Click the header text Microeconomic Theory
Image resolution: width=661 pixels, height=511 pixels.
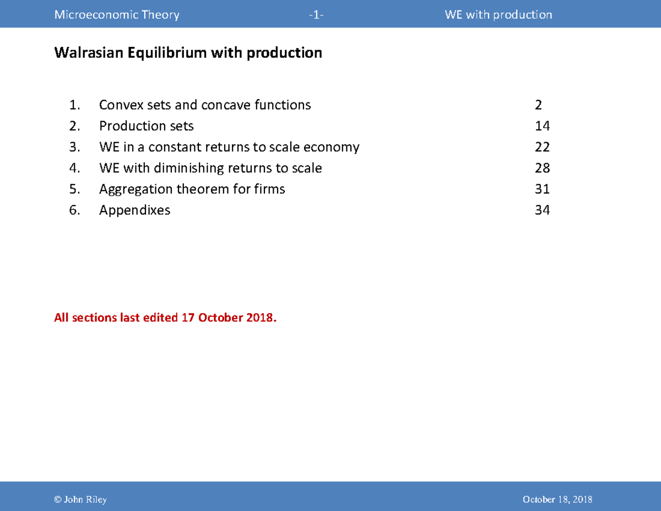(117, 15)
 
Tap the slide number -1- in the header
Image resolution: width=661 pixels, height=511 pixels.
(316, 15)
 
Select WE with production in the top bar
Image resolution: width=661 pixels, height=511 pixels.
(499, 15)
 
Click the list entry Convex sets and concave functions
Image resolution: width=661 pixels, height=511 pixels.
(205, 105)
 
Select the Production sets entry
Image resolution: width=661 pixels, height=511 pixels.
(147, 126)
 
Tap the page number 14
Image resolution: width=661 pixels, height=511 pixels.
(542, 126)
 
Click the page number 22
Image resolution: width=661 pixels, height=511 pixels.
(542, 147)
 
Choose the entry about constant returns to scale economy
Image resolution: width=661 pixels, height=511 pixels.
(229, 147)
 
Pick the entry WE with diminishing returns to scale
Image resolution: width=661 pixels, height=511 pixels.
(210, 168)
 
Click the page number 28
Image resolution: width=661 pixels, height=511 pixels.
(542, 168)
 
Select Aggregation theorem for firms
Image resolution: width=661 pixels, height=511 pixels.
(192, 189)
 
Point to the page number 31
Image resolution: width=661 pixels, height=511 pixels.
(542, 189)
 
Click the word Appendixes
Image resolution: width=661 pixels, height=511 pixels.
(135, 210)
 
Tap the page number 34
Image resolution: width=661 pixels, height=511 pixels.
(542, 210)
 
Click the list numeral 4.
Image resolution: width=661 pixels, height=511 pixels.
(74, 168)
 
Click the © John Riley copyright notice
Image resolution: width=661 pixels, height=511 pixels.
(80, 499)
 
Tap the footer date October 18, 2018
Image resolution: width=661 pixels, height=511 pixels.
(557, 499)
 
